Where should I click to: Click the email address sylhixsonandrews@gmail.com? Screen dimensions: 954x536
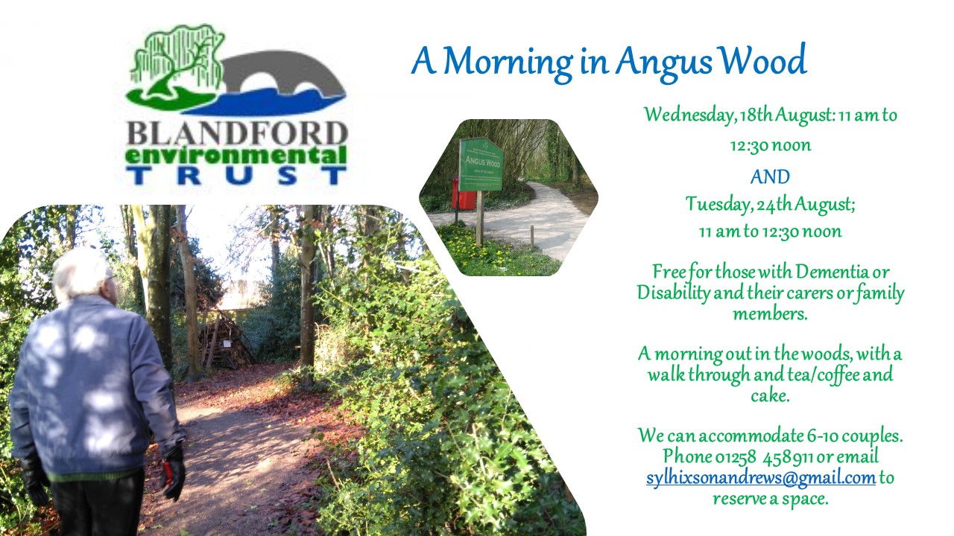tap(761, 478)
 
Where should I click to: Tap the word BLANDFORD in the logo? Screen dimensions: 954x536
tap(237, 133)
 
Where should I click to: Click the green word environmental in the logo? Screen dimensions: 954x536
tap(236, 156)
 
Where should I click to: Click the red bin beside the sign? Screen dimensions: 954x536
tap(464, 194)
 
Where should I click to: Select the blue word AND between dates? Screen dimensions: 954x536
tap(770, 176)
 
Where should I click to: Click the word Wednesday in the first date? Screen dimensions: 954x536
tap(689, 115)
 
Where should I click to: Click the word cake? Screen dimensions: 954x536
tap(770, 395)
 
